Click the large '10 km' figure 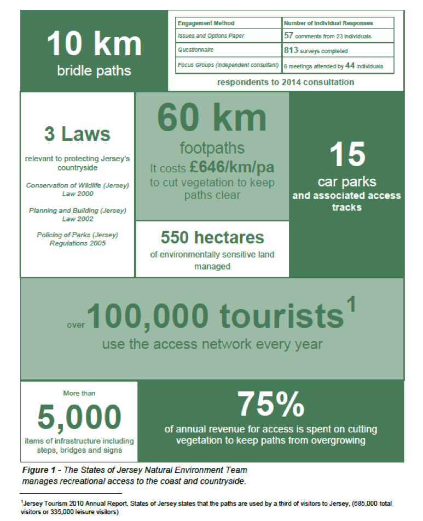[x=94, y=45]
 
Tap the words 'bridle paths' [x=94, y=71]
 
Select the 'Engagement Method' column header [x=206, y=24]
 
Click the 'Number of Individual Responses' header [x=328, y=24]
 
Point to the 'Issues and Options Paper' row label [x=211, y=36]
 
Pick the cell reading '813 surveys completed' [x=316, y=51]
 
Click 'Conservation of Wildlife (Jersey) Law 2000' [x=77, y=189]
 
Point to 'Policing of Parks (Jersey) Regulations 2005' [x=77, y=239]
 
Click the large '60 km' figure [x=212, y=118]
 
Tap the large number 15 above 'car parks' [x=348, y=155]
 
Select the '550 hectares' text [x=212, y=237]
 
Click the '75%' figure [x=270, y=405]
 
